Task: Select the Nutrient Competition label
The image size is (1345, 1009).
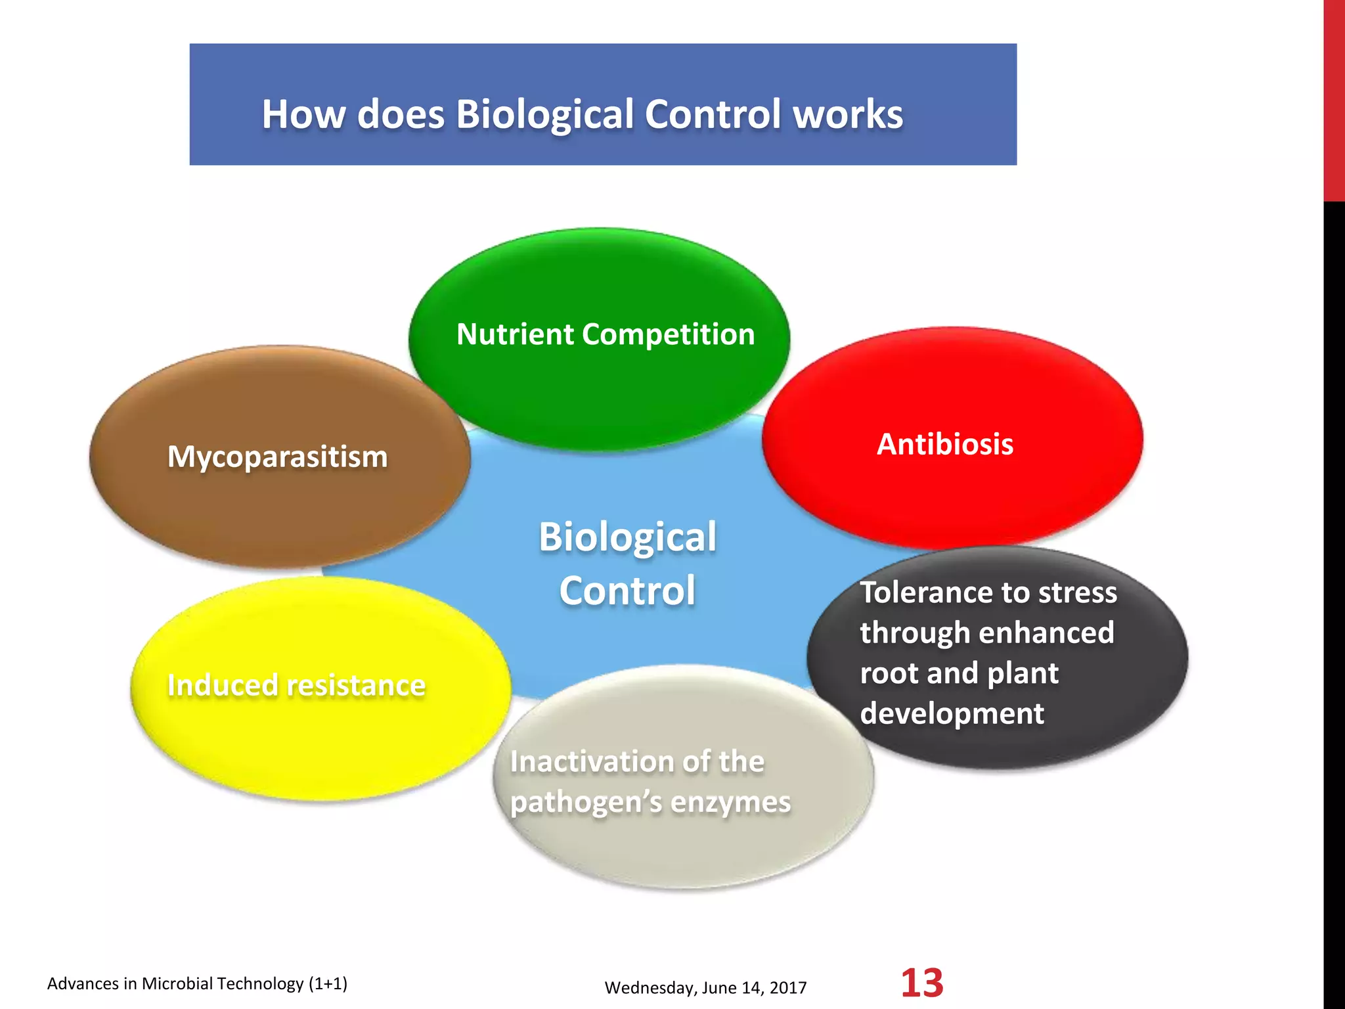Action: pos(606,334)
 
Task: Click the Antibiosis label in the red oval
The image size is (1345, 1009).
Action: pos(944,445)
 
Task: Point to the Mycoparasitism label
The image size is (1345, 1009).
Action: pos(278,457)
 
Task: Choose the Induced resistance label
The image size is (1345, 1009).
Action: pos(296,685)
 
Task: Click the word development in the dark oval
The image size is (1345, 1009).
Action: pos(952,713)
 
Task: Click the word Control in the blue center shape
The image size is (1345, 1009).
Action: pos(627,590)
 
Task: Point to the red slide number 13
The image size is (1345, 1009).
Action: pos(921,983)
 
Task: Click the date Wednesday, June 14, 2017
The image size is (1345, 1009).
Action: pos(705,987)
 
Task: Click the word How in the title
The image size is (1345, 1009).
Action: pos(303,115)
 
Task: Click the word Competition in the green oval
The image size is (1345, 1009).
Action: pos(668,334)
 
